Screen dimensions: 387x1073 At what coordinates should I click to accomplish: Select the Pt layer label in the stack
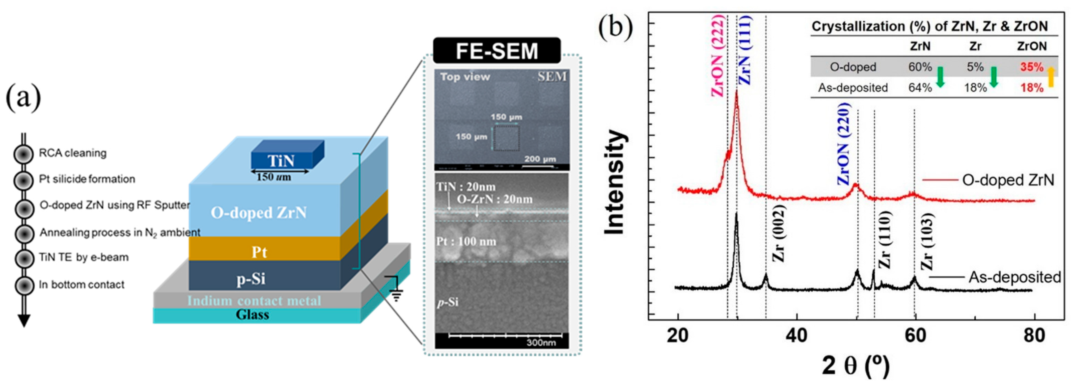[x=259, y=252]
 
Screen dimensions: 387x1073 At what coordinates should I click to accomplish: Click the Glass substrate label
[x=253, y=315]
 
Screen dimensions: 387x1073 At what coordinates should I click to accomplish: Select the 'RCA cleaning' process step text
[x=72, y=153]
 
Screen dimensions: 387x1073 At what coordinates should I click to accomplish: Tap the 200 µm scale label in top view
[x=540, y=159]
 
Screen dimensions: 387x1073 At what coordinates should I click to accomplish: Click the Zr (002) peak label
[x=778, y=233]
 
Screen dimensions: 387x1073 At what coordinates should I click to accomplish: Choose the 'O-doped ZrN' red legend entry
[x=1008, y=180]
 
